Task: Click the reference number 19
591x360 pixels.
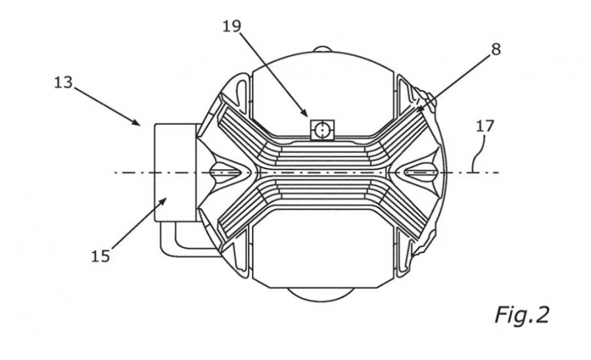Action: point(231,27)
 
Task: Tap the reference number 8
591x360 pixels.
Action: point(496,50)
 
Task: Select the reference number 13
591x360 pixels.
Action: point(63,82)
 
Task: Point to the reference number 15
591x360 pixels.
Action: point(100,257)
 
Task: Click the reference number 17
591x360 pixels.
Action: point(485,126)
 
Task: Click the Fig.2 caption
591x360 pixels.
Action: point(522,315)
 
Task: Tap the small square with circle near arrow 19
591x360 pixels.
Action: point(322,130)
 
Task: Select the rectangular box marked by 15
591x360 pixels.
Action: point(175,172)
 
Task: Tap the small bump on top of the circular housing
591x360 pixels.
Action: point(322,50)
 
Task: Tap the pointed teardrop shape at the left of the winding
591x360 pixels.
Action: point(227,172)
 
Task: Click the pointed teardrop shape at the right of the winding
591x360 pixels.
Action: point(418,172)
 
